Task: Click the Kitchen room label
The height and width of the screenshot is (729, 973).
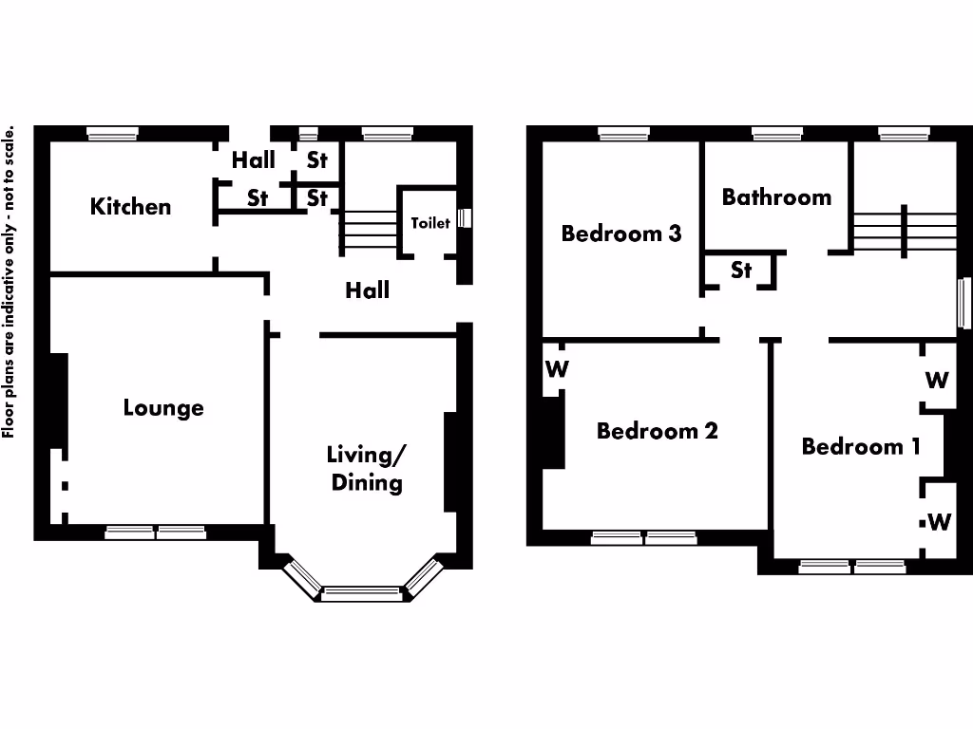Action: [130, 207]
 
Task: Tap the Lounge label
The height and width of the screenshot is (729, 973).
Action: [163, 408]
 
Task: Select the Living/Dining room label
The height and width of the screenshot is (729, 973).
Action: [366, 468]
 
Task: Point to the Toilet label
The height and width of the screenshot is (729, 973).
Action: [429, 223]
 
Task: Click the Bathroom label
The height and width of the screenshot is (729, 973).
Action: [776, 197]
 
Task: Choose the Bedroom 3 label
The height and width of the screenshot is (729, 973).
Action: [620, 234]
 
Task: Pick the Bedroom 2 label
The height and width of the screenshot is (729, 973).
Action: [657, 431]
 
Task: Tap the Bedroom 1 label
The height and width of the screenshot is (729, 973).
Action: [860, 446]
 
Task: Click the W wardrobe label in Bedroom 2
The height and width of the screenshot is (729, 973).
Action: [557, 369]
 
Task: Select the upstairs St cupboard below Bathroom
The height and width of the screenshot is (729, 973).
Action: [741, 271]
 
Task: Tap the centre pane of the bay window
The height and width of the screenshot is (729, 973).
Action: [361, 594]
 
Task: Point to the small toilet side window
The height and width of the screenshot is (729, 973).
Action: [464, 218]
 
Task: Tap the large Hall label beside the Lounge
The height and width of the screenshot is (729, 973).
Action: [367, 290]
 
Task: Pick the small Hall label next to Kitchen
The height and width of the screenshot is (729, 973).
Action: [253, 160]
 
